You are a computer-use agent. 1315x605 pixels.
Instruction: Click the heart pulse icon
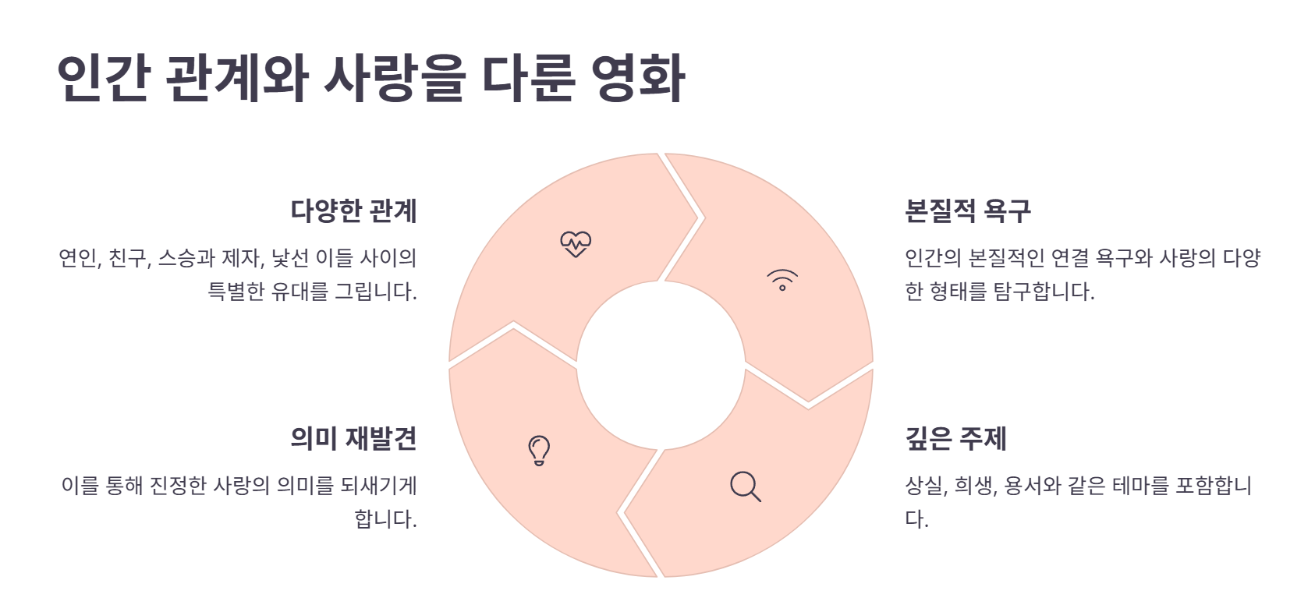[x=576, y=244]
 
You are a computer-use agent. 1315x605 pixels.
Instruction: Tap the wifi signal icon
[x=782, y=280]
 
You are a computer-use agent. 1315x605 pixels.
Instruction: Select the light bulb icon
[x=539, y=450]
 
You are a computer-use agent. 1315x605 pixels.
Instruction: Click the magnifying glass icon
[x=746, y=486]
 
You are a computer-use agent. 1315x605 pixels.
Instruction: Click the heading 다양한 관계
[x=353, y=211]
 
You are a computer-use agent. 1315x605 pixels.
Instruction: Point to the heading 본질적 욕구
[x=967, y=211]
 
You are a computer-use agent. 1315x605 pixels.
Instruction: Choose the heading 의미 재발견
[x=353, y=438]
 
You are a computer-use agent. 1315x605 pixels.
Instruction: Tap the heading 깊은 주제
[x=955, y=438]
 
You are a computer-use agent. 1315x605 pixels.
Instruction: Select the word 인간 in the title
[x=103, y=78]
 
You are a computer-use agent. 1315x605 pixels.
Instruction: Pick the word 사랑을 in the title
[x=394, y=78]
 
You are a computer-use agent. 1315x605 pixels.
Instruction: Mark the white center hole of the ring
[x=661, y=365]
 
